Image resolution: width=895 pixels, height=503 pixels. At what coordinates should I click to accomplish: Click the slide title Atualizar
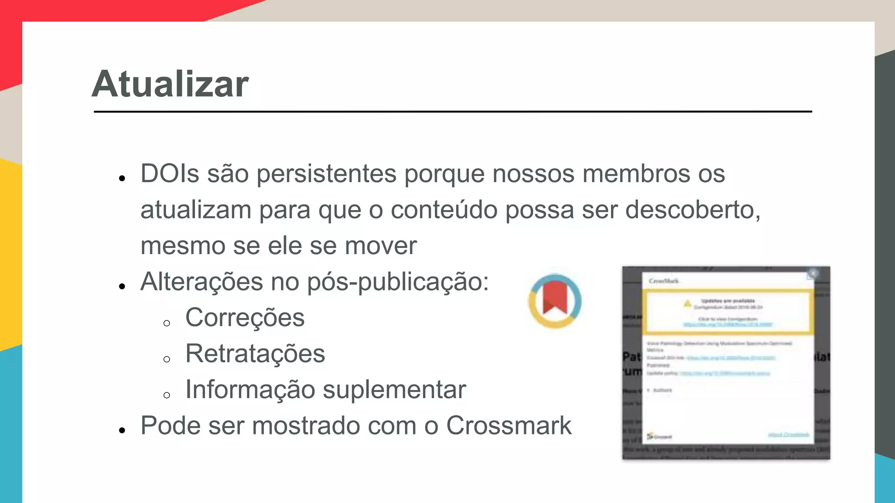[x=170, y=84]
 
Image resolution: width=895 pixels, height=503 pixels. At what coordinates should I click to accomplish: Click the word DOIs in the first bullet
[x=170, y=174]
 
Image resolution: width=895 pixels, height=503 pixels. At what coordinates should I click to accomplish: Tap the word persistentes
[x=326, y=174]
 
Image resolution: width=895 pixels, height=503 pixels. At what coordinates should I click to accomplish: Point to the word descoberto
[x=693, y=210]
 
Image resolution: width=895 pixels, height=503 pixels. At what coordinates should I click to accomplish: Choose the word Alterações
[x=201, y=282]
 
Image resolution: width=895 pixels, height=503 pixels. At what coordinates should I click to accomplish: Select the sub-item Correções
[x=245, y=317]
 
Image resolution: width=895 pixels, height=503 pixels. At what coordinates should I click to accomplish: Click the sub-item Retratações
[x=255, y=353]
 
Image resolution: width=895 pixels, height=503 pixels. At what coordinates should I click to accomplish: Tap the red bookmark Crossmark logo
[x=555, y=301]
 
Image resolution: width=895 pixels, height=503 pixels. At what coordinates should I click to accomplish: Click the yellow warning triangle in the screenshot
[x=687, y=303]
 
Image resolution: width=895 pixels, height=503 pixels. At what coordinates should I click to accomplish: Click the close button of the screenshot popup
[x=812, y=274]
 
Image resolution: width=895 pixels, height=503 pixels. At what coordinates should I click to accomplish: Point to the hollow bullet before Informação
[x=167, y=395]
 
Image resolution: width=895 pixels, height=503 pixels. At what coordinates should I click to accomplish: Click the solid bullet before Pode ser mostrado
[x=122, y=431]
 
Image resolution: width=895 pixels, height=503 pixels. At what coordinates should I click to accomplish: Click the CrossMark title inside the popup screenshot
[x=664, y=281]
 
